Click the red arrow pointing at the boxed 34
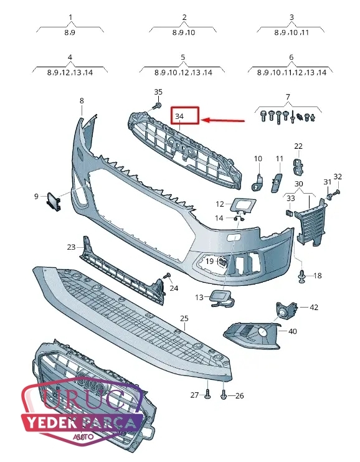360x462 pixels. tap(224, 120)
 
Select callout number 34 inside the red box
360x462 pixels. tap(179, 116)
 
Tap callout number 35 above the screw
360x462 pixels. tap(158, 92)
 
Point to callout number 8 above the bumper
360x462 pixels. tap(82, 100)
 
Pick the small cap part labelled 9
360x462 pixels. tap(54, 202)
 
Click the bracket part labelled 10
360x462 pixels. tap(258, 182)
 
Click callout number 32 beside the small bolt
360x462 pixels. tap(338, 176)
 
